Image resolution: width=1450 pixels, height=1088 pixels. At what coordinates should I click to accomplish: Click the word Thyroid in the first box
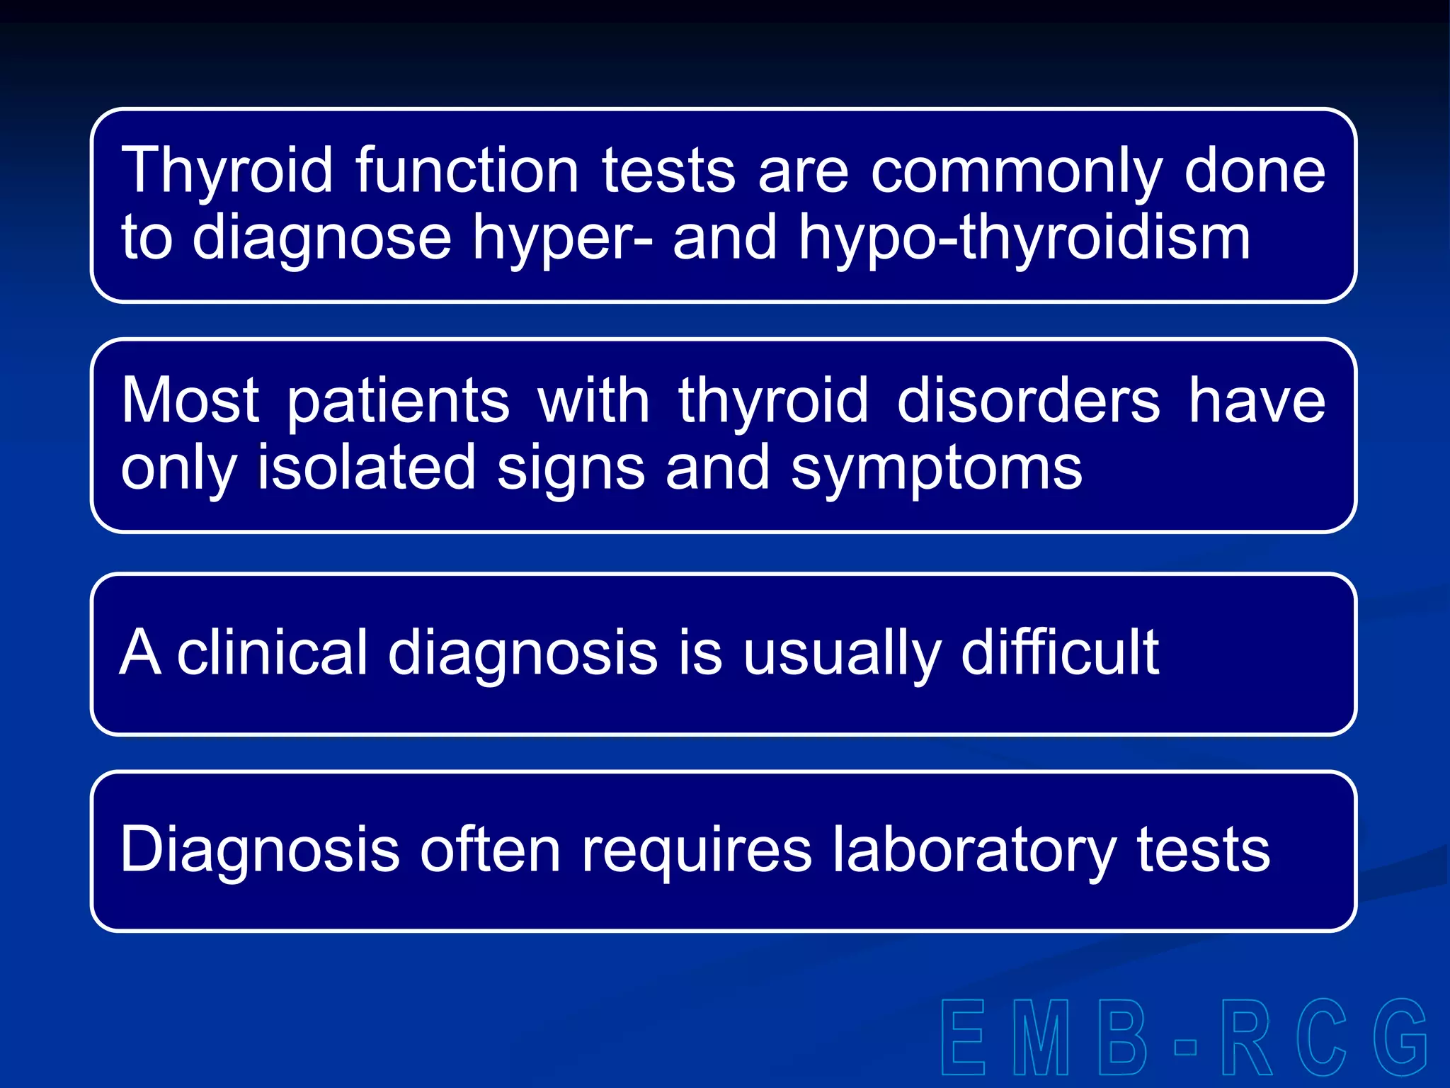227,171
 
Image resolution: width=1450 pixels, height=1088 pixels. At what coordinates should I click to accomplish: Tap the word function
467,171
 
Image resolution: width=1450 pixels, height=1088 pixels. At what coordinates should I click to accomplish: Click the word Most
190,400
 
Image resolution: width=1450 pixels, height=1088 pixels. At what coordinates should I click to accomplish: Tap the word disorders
1028,400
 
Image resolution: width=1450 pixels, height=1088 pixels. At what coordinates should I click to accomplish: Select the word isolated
365,467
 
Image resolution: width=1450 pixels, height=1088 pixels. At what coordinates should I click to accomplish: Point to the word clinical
273,652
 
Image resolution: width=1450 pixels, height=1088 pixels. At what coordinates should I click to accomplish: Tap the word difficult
1060,652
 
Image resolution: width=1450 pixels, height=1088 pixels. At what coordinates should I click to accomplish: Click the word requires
697,850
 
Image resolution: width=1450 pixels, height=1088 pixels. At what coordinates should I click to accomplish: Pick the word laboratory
974,850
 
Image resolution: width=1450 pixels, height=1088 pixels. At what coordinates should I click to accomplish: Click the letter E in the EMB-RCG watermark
964,1037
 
